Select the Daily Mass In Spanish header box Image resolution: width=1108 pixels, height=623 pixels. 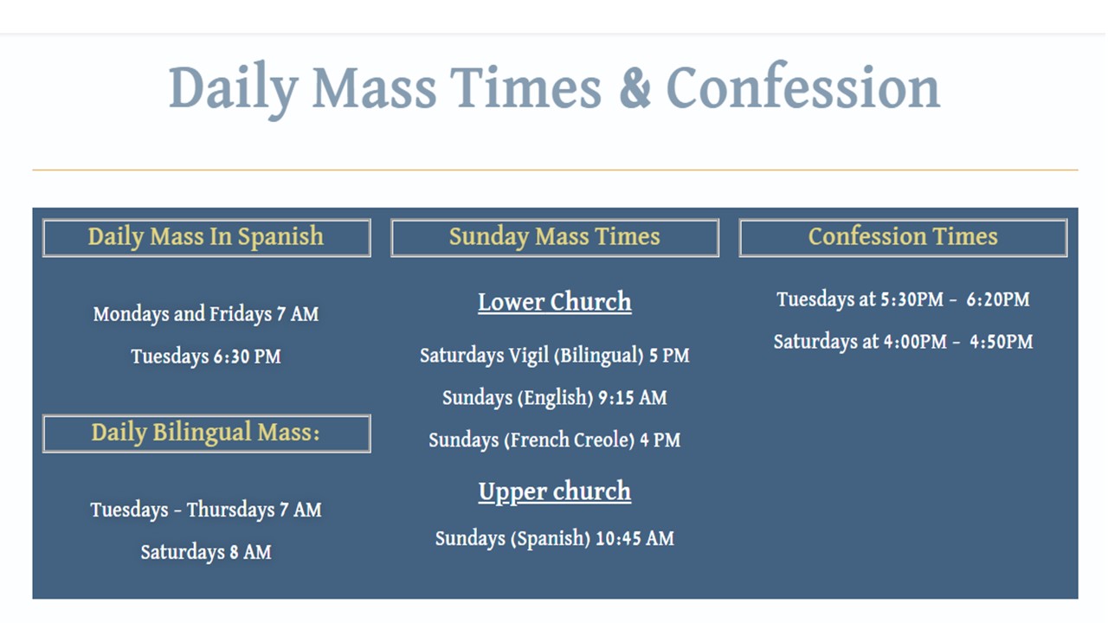[206, 237]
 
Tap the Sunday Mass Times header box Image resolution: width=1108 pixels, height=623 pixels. [554, 237]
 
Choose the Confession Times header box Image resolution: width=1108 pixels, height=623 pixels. [903, 237]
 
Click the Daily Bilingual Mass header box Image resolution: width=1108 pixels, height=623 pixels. [206, 433]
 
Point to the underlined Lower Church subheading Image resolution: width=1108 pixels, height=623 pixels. [554, 302]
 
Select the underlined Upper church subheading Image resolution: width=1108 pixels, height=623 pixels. [554, 491]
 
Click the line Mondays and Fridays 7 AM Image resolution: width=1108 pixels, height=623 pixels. [206, 314]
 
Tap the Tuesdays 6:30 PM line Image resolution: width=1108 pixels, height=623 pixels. [206, 356]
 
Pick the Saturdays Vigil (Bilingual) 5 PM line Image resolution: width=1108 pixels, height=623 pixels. [554, 356]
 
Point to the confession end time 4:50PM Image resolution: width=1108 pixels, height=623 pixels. [1001, 342]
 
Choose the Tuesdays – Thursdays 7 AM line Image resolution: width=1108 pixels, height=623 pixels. [206, 510]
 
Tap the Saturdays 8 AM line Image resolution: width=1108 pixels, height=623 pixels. [206, 552]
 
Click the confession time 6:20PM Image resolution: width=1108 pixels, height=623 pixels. [998, 300]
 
